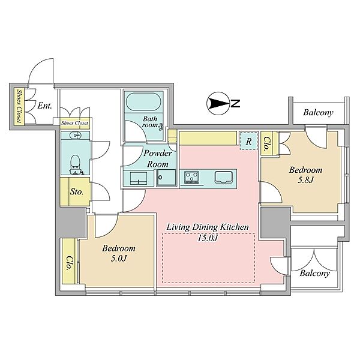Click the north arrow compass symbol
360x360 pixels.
click(x=218, y=103)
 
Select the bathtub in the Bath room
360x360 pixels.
click(x=144, y=102)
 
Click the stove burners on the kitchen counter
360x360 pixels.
click(x=191, y=178)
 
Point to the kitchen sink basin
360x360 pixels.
click(x=224, y=178)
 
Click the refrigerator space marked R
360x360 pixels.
click(x=248, y=141)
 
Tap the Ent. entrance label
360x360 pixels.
click(x=45, y=106)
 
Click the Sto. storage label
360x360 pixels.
click(x=77, y=191)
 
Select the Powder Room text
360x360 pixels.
click(x=158, y=158)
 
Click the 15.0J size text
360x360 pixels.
click(x=208, y=238)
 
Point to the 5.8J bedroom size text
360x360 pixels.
click(x=305, y=180)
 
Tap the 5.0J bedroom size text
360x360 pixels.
click(x=119, y=259)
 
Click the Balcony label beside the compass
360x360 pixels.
click(x=318, y=113)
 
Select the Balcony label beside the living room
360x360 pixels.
click(x=315, y=273)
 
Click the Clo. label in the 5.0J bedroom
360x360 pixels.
click(x=68, y=262)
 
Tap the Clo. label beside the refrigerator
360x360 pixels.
click(x=266, y=143)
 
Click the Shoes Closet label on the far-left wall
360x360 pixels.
click(x=19, y=106)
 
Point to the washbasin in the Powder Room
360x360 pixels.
click(x=139, y=178)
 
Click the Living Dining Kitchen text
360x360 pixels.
click(x=208, y=227)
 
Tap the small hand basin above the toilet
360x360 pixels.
click(x=76, y=135)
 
